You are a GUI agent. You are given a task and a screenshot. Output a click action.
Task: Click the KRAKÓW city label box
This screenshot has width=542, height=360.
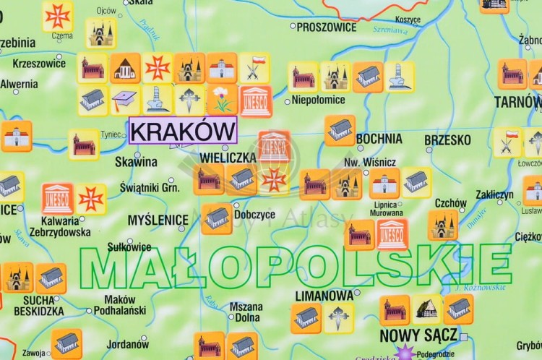[x=183, y=132]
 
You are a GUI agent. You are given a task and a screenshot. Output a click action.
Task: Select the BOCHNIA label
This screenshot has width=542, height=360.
[x=379, y=138]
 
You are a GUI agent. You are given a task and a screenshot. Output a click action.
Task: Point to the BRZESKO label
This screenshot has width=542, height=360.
[x=447, y=140]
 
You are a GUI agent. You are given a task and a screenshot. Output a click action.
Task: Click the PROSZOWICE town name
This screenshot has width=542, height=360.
[x=327, y=27]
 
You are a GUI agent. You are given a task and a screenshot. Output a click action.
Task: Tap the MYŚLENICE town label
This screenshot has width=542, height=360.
[x=158, y=219]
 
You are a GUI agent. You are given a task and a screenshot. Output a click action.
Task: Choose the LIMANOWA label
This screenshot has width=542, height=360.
[x=325, y=296]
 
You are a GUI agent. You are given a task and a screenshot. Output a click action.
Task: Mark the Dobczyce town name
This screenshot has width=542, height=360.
[x=254, y=214]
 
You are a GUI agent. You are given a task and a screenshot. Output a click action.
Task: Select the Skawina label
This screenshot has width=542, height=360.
[x=136, y=162]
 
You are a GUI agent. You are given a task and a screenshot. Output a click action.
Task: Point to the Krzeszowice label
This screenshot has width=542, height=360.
[x=39, y=63]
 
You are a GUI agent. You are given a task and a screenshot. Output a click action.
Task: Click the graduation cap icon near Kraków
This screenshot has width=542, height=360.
[x=125, y=100]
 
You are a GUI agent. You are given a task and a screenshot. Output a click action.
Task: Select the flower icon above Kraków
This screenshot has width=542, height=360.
[x=222, y=99]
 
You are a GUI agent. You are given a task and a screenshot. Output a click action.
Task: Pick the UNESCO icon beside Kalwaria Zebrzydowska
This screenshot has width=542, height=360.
[x=57, y=198]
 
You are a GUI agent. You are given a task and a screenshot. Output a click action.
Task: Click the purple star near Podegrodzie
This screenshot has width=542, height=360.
[x=404, y=351]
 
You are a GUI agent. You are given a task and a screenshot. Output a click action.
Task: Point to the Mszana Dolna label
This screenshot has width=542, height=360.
[x=246, y=312]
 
